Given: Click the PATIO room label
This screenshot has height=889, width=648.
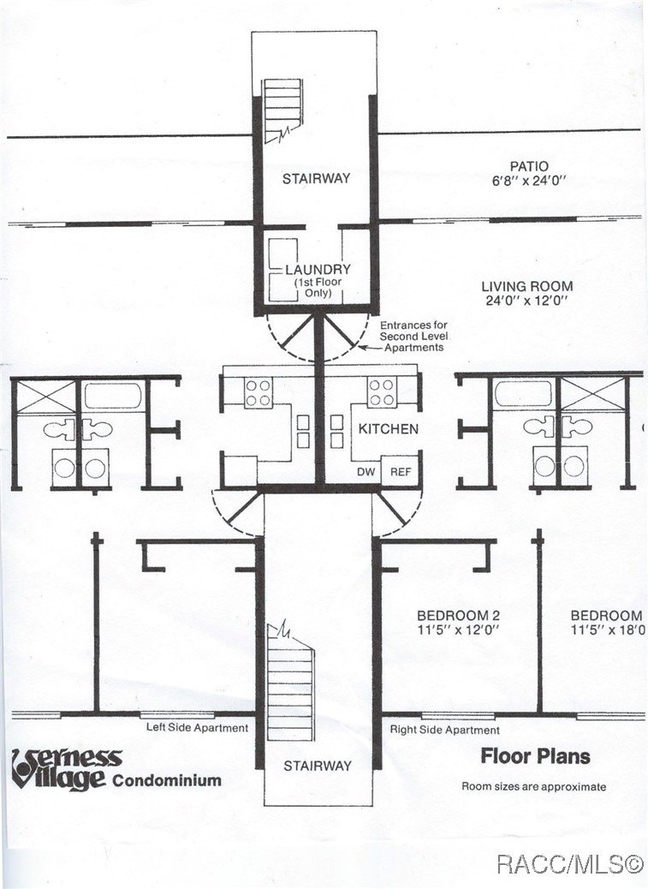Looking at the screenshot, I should tap(528, 166).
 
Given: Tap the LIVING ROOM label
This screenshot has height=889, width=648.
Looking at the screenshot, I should tap(526, 287).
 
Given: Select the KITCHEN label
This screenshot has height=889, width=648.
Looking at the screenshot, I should tap(388, 428).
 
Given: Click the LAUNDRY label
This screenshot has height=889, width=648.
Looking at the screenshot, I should tap(318, 269).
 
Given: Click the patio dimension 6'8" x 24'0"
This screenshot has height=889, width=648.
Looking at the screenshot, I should tap(528, 182).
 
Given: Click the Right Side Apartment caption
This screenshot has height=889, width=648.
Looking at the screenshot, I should tap(444, 730).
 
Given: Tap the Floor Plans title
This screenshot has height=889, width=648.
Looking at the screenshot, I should tap(535, 755).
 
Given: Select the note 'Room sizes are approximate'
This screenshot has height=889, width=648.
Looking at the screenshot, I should tap(534, 786).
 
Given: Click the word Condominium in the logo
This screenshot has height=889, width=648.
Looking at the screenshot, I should tap(166, 780).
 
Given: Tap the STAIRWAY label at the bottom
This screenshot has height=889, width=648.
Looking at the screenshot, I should tap(318, 766).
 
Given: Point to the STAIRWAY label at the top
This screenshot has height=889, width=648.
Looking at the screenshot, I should tap(317, 178).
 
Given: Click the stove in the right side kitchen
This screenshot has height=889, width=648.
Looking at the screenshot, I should tap(382, 392).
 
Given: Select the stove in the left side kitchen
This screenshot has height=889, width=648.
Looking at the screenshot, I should tap(258, 392).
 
